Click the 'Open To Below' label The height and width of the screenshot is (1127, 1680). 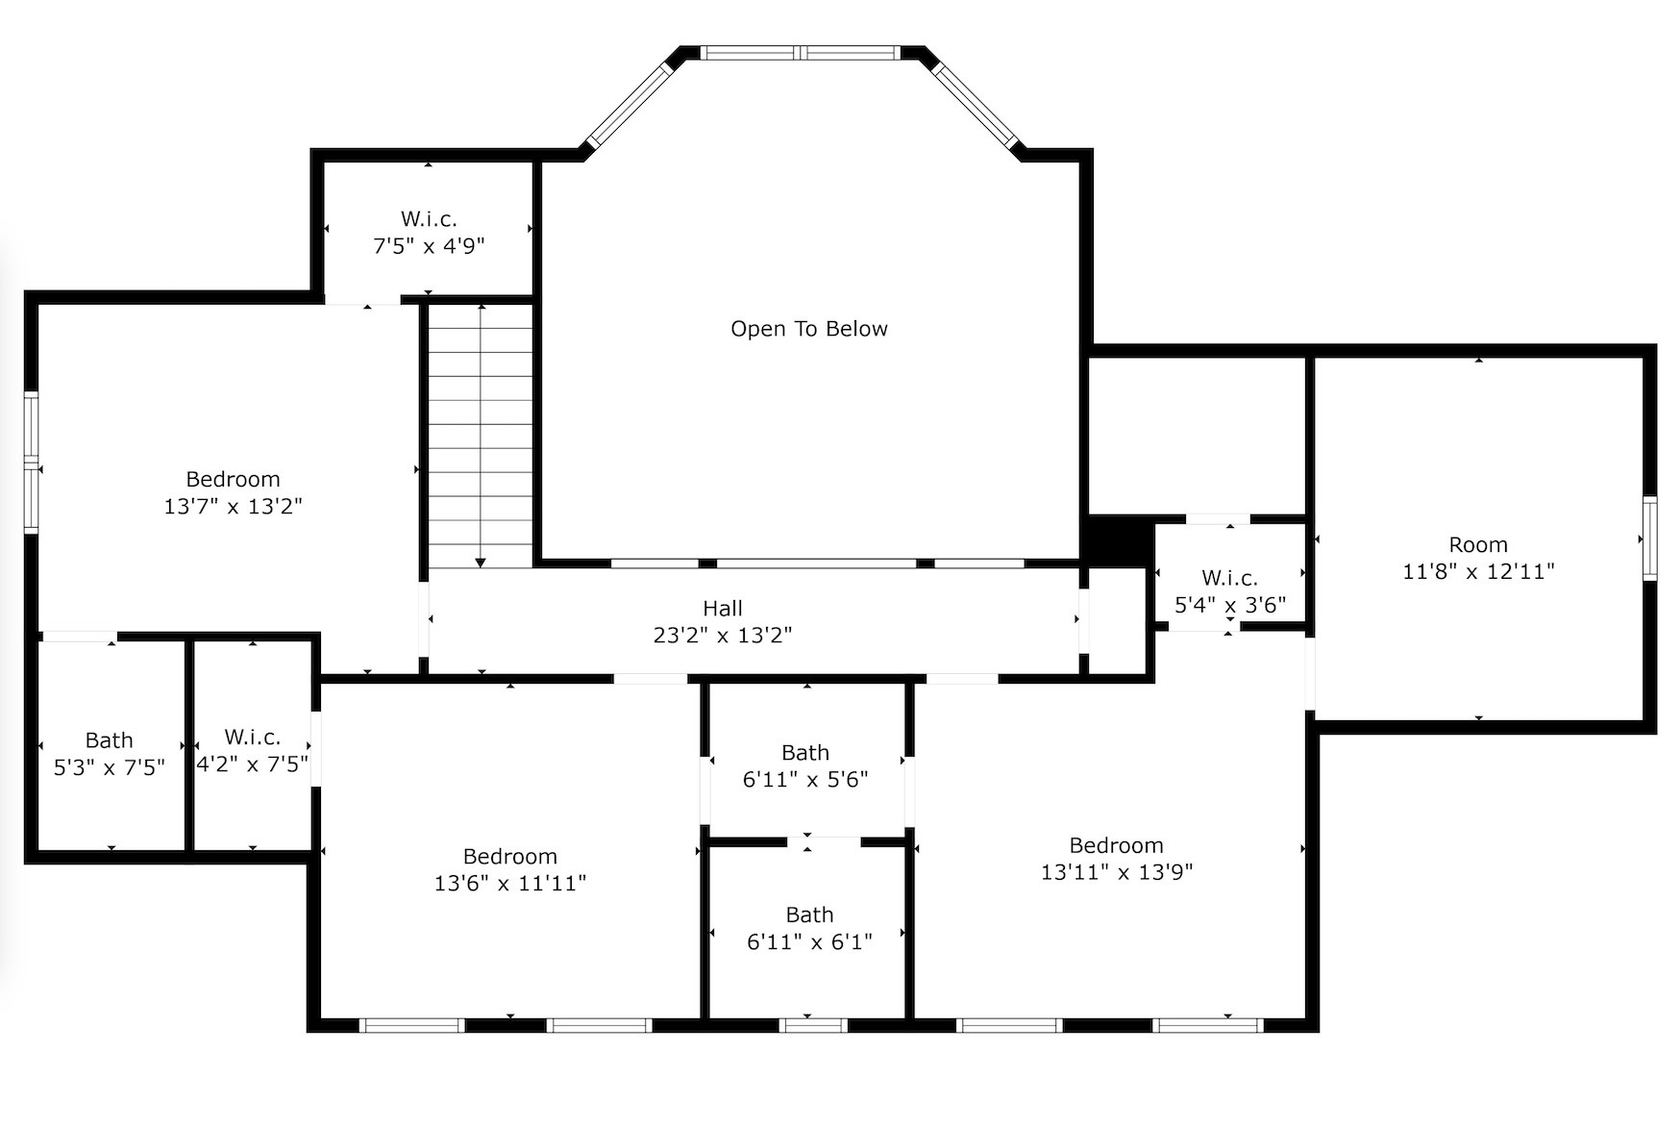tap(808, 329)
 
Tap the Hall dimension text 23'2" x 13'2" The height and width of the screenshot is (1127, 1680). tap(722, 636)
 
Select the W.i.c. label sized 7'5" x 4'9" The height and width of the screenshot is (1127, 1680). tap(429, 219)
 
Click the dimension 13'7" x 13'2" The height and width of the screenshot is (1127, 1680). tap(233, 507)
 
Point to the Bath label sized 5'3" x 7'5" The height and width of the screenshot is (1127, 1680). tap(109, 740)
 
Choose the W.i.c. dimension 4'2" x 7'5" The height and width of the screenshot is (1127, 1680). tap(252, 764)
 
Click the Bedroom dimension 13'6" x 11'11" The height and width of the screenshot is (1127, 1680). tap(509, 884)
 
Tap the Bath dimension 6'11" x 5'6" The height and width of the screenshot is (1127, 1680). tap(805, 780)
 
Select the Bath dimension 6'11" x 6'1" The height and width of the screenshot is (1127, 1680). tap(809, 942)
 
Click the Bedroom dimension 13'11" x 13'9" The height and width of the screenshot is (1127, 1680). tap(1116, 872)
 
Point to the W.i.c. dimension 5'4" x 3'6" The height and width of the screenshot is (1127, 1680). tap(1229, 606)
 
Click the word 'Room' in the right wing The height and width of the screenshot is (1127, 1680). tap(1478, 545)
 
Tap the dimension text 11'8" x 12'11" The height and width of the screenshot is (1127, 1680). tap(1478, 572)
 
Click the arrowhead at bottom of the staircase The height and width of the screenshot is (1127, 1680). tap(481, 563)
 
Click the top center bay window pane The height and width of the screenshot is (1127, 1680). tap(800, 53)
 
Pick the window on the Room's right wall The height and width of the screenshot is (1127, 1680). tap(1649, 538)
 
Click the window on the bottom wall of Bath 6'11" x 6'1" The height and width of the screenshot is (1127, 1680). tap(812, 1025)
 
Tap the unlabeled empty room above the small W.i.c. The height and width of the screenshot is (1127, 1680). tap(1196, 435)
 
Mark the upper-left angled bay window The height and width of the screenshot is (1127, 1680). tap(630, 106)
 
